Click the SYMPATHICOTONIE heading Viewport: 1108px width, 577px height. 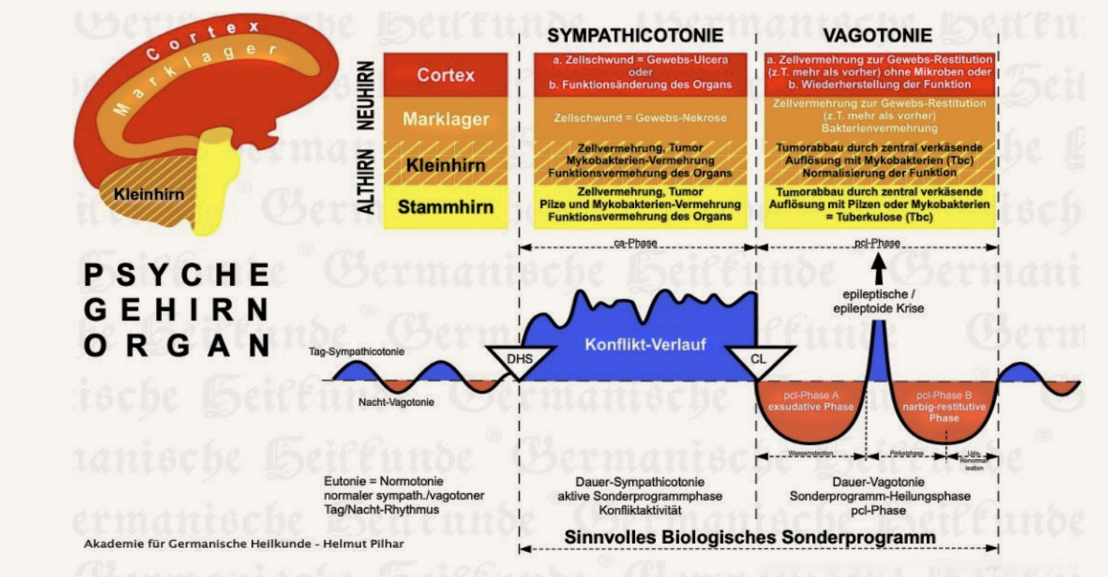(635, 35)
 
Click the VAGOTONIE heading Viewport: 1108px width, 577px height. (877, 35)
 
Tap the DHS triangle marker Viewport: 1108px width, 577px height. (519, 359)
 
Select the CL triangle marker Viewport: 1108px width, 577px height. (758, 359)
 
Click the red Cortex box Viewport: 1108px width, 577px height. (446, 75)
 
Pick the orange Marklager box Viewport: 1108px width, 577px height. (446, 119)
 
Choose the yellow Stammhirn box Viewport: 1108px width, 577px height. (446, 207)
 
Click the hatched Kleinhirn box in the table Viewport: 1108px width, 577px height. (446, 165)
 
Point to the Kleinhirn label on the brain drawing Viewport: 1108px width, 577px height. (148, 194)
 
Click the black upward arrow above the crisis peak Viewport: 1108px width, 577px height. (878, 268)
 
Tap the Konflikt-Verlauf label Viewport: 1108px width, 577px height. (645, 344)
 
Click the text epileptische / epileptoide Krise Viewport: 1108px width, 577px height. (878, 301)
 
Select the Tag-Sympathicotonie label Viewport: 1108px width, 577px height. (356, 351)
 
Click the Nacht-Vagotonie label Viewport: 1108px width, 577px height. (396, 402)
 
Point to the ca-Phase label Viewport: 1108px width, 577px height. (635, 243)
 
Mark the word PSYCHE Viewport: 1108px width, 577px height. (177, 275)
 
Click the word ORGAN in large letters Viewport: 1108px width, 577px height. (177, 346)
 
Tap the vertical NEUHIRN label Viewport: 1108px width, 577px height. (366, 95)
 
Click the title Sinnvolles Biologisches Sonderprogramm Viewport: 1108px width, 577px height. (750, 537)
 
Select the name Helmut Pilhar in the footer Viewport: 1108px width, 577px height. (363, 544)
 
